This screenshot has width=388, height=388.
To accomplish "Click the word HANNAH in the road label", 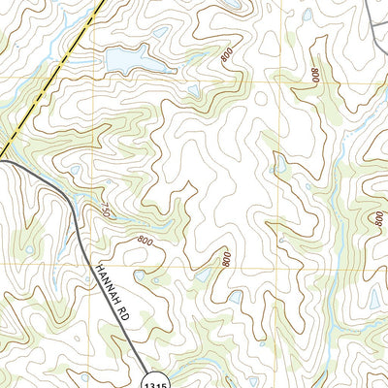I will (105, 275).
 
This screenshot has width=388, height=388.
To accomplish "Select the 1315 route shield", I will (161, 377).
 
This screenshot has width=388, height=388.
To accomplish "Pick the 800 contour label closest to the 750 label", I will (145, 241).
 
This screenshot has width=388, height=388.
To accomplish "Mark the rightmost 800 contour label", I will (377, 220).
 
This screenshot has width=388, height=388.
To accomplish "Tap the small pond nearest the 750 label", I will (74, 171).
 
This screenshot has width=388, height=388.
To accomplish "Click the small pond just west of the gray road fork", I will (307, 16).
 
